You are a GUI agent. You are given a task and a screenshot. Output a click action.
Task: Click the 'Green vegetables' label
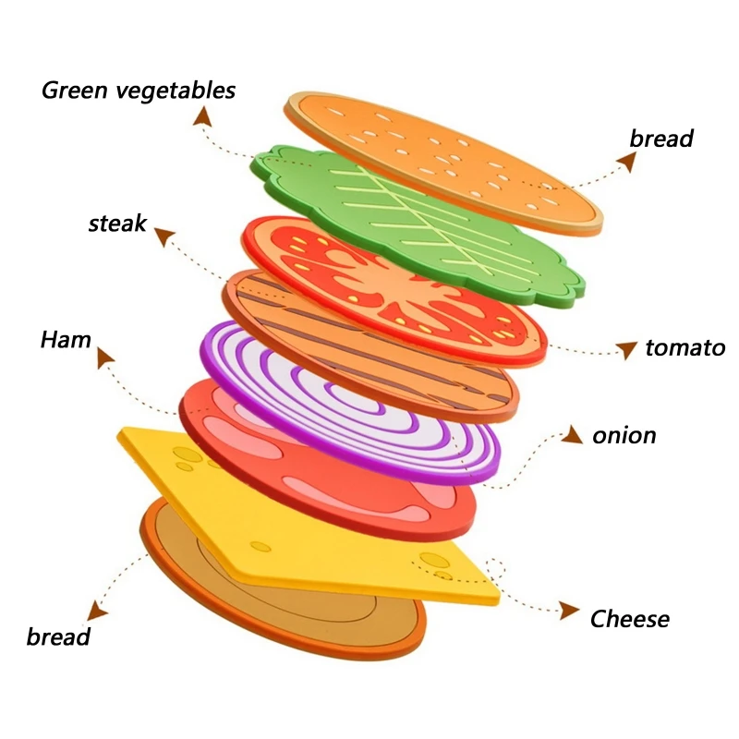[x=139, y=91]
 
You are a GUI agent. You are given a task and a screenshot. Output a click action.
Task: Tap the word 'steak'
[x=117, y=223]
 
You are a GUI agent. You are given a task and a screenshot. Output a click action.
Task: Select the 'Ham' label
[x=66, y=340]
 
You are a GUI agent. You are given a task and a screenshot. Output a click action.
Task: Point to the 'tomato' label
[x=684, y=348]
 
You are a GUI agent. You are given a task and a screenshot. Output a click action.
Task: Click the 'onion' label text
[x=624, y=435]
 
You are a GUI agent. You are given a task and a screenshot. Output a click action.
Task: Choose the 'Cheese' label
[x=630, y=618]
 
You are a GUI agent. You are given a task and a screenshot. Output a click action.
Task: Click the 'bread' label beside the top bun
[x=661, y=139]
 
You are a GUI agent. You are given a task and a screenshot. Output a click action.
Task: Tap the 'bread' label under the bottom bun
[x=58, y=636]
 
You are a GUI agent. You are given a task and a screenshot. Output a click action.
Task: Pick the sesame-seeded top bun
[x=443, y=157]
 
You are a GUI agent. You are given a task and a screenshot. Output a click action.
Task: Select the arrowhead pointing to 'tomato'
[x=627, y=349]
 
